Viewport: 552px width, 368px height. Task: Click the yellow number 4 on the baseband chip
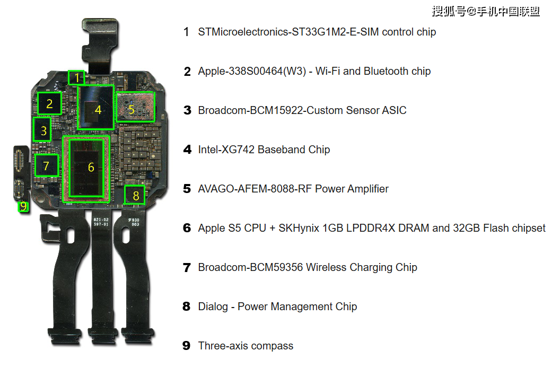[98, 110]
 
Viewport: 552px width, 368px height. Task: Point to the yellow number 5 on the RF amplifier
[132, 110]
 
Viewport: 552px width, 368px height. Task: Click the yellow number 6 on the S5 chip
[91, 167]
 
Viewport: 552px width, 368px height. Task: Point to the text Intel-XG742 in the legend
[226, 150]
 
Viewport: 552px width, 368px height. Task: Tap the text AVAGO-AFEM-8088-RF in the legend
[255, 189]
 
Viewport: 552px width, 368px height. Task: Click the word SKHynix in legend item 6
[299, 228]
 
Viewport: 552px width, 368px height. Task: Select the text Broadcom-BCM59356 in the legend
[250, 268]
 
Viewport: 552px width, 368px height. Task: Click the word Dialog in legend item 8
[213, 306]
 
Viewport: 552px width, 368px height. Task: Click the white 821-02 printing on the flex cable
[101, 220]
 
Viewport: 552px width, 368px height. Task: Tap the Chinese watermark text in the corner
[486, 12]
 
